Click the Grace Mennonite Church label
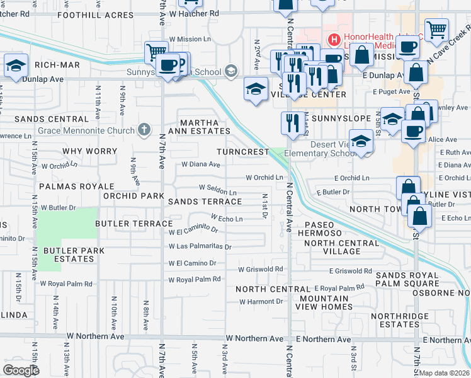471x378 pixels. (86, 131)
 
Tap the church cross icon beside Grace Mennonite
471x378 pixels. (144, 130)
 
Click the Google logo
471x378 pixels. (21, 370)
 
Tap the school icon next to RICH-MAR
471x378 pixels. (16, 66)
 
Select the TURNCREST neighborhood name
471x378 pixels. (242, 152)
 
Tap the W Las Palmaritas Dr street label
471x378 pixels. (200, 246)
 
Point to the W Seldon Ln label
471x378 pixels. (218, 187)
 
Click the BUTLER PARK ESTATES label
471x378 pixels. (69, 255)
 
